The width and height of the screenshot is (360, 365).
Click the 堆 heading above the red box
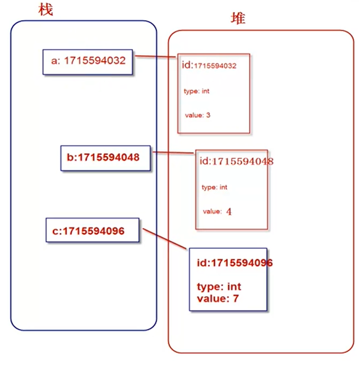tap(237, 19)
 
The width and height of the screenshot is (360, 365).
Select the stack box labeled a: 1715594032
tap(88, 61)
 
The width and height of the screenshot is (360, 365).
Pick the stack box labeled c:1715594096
tap(92, 231)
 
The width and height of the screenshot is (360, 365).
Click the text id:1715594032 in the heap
tap(209, 66)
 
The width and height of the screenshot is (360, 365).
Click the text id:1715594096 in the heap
tap(234, 263)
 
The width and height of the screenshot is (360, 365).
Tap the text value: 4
tap(217, 212)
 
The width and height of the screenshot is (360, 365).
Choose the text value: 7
tap(217, 298)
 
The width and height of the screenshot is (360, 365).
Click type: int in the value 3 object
tap(197, 91)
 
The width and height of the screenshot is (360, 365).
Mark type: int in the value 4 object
tap(215, 187)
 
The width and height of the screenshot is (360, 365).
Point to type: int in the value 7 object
tap(219, 287)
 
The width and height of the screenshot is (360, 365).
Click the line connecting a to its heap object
tap(156, 57)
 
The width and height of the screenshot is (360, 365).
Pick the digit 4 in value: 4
tap(229, 212)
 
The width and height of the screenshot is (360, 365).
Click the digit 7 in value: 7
tap(236, 298)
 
